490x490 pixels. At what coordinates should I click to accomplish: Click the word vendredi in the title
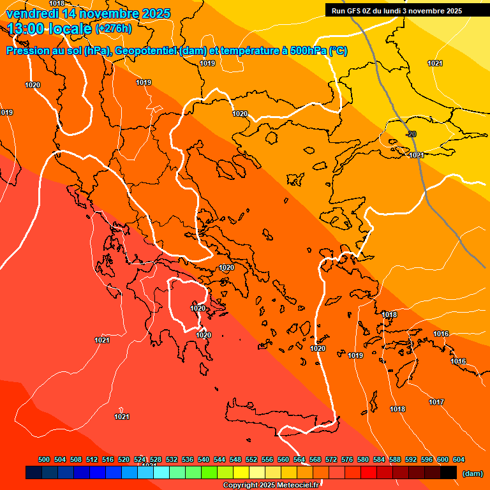click(33, 13)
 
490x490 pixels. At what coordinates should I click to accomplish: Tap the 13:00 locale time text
click(48, 28)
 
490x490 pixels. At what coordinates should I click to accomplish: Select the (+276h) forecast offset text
click(114, 28)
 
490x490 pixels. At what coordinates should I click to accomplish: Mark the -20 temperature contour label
click(411, 134)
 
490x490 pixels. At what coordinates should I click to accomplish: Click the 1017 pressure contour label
click(436, 402)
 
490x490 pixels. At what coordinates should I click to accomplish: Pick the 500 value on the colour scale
click(44, 459)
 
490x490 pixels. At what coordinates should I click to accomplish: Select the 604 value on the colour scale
click(459, 459)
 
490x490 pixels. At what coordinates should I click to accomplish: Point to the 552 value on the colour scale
click(251, 459)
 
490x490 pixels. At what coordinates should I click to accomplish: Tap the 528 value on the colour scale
click(156, 459)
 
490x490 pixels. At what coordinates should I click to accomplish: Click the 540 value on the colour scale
click(204, 459)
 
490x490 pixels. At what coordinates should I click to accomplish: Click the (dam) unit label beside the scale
click(472, 473)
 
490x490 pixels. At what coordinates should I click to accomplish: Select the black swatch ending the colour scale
click(449, 473)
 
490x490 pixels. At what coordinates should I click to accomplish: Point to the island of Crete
click(281, 418)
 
